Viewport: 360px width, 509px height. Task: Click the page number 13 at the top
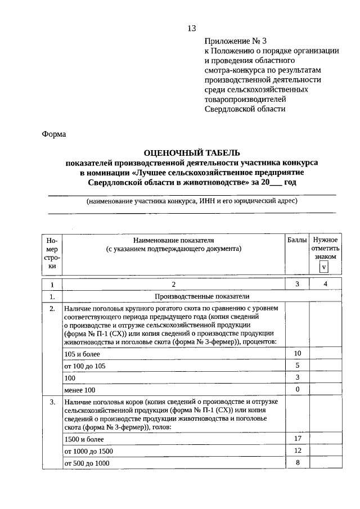point(191,29)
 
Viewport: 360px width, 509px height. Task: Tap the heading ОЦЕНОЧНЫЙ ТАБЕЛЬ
point(192,152)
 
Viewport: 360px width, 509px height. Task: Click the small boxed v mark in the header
point(324,267)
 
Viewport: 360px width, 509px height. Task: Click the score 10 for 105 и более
point(298,353)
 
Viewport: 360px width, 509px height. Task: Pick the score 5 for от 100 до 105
point(298,366)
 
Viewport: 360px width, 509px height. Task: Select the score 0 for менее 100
point(298,389)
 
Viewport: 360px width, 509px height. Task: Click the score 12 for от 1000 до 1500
point(298,451)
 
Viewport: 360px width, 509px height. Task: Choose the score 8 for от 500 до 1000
point(298,462)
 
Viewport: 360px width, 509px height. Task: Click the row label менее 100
point(80,390)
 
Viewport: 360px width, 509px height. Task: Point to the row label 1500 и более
point(84,439)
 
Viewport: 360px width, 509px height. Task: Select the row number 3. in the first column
point(52,402)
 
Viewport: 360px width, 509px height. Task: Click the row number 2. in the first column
point(52,309)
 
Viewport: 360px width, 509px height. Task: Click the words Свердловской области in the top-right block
point(245,109)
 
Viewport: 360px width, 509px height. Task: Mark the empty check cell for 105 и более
point(325,353)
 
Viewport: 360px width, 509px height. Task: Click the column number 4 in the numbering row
point(325,284)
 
